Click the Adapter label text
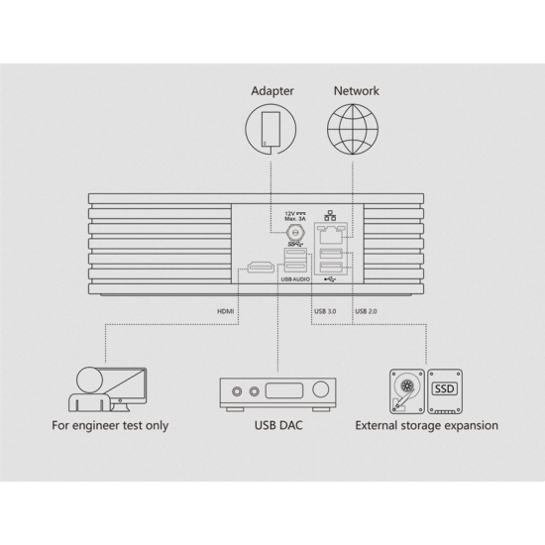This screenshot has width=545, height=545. (x=272, y=91)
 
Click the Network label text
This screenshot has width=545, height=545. (x=357, y=91)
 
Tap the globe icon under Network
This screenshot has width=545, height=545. (x=353, y=129)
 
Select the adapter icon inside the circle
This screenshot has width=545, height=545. (x=271, y=129)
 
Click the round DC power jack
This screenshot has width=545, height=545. (x=295, y=232)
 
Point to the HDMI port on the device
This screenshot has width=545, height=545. (x=261, y=268)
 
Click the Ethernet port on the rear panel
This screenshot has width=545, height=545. (x=331, y=234)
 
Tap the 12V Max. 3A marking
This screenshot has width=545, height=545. (x=295, y=216)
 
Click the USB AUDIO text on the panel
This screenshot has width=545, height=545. (x=295, y=279)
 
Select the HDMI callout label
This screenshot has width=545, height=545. (x=226, y=311)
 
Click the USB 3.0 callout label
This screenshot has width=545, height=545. (x=325, y=311)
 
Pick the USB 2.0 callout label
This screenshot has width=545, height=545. (x=366, y=311)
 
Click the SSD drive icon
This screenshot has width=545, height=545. (x=445, y=391)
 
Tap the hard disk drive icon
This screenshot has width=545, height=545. (x=407, y=391)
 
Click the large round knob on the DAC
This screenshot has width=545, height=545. (x=320, y=389)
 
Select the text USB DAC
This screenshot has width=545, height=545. (x=278, y=425)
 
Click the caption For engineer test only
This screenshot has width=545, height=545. (x=110, y=426)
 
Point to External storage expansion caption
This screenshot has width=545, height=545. (x=426, y=426)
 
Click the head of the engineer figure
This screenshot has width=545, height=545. (x=89, y=380)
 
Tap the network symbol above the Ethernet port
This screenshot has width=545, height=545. (x=330, y=215)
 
